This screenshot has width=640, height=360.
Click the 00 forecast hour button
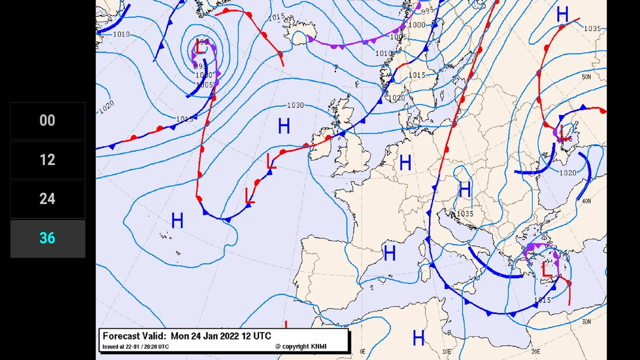pos(47,121)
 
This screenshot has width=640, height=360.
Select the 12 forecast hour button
pos(47,160)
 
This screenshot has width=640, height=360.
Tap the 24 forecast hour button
pos(47,199)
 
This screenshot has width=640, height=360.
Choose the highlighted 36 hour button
pos(47,238)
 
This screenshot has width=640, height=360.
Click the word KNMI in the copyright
pos(319,346)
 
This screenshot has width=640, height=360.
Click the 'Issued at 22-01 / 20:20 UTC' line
pos(136,347)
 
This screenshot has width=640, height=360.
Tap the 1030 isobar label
pos(295,105)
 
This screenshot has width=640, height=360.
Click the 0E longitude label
pos(362,351)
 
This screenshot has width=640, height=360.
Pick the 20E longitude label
pos(535,351)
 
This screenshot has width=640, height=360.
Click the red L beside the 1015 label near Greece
pos(546,269)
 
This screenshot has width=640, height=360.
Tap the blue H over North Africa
pos(419,338)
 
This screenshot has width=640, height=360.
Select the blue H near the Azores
pos(177,221)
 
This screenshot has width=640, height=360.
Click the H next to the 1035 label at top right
pos(562,15)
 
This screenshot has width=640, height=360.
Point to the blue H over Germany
pos(405,163)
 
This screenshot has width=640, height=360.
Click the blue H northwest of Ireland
pos(284,127)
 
